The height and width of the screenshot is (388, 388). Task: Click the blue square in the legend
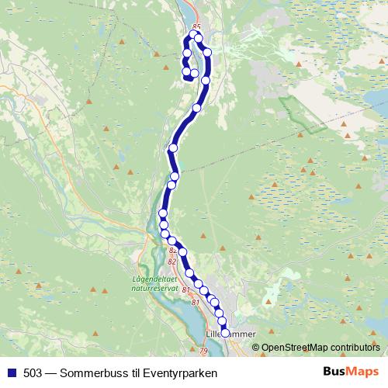click(x=11, y=372)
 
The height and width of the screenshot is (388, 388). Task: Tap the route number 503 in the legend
click(x=33, y=372)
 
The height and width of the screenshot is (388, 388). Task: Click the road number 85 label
click(x=196, y=26)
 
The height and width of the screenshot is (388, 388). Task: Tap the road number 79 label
click(x=203, y=352)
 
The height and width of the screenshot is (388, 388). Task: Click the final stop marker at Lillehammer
click(x=225, y=332)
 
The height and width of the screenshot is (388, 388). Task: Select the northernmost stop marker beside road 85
click(x=193, y=34)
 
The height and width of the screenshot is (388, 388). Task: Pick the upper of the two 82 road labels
click(x=172, y=251)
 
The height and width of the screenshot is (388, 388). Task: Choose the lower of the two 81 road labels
click(x=195, y=302)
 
